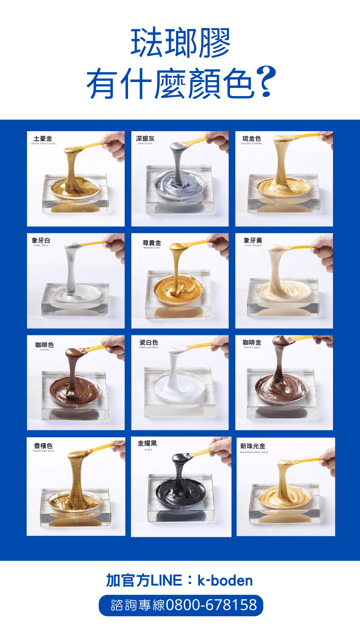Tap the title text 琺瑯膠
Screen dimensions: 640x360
[x=180, y=43]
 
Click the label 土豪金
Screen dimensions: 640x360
[x=43, y=139]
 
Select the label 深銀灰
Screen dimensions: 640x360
[x=145, y=139]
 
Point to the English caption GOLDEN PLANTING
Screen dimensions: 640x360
[x=252, y=144]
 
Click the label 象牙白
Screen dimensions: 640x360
[x=41, y=240]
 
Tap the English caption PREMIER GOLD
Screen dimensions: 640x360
[x=152, y=248]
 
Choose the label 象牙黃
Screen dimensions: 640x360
[x=253, y=240]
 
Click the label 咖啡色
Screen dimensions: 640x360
[x=44, y=345]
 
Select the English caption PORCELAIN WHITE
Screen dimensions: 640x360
[x=149, y=347]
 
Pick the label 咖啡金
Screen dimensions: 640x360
[x=252, y=342]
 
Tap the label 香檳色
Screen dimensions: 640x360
[x=43, y=446]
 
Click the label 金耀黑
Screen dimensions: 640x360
[x=147, y=443]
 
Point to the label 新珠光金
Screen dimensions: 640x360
[x=253, y=446]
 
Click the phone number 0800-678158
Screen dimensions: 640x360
[x=211, y=605]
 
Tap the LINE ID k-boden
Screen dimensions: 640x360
[x=225, y=581]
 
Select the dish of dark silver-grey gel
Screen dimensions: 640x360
[x=180, y=185]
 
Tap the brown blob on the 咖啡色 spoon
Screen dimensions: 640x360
[x=74, y=352]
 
